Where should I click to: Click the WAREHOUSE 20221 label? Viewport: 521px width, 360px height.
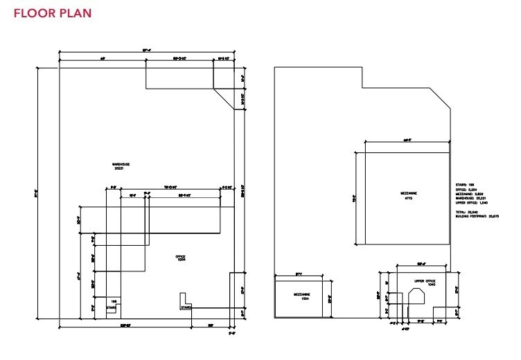(121, 166)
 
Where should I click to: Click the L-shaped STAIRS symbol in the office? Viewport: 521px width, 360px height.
(186, 303)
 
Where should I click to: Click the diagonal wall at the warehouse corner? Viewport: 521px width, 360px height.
(224, 98)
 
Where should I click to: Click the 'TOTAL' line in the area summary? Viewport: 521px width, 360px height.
(466, 212)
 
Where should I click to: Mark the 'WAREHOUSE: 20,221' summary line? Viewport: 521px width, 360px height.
(470, 197)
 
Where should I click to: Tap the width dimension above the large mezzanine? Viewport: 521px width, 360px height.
(407, 140)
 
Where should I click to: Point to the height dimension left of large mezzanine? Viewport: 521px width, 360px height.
(355, 197)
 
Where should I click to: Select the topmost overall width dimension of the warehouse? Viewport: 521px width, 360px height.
(146, 50)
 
